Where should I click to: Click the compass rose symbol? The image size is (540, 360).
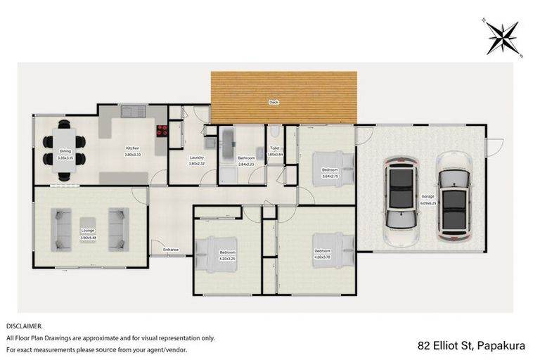pyautogui.click(x=503, y=36)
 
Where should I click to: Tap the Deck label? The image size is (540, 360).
pyautogui.click(x=274, y=103)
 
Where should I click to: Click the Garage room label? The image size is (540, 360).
pyautogui.click(x=427, y=196)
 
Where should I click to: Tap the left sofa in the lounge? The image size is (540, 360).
pyautogui.click(x=63, y=229)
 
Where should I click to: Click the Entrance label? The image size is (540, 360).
pyautogui.click(x=171, y=250)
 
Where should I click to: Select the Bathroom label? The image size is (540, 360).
pyautogui.click(x=246, y=158)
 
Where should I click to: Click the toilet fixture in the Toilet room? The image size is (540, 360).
pyautogui.click(x=275, y=132)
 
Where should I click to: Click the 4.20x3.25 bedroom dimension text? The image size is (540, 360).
pyautogui.click(x=227, y=257)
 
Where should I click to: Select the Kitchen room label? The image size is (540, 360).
pyautogui.click(x=132, y=148)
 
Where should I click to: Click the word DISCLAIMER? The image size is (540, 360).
pyautogui.click(x=25, y=326)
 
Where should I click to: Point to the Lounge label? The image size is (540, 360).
pyautogui.click(x=87, y=231)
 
